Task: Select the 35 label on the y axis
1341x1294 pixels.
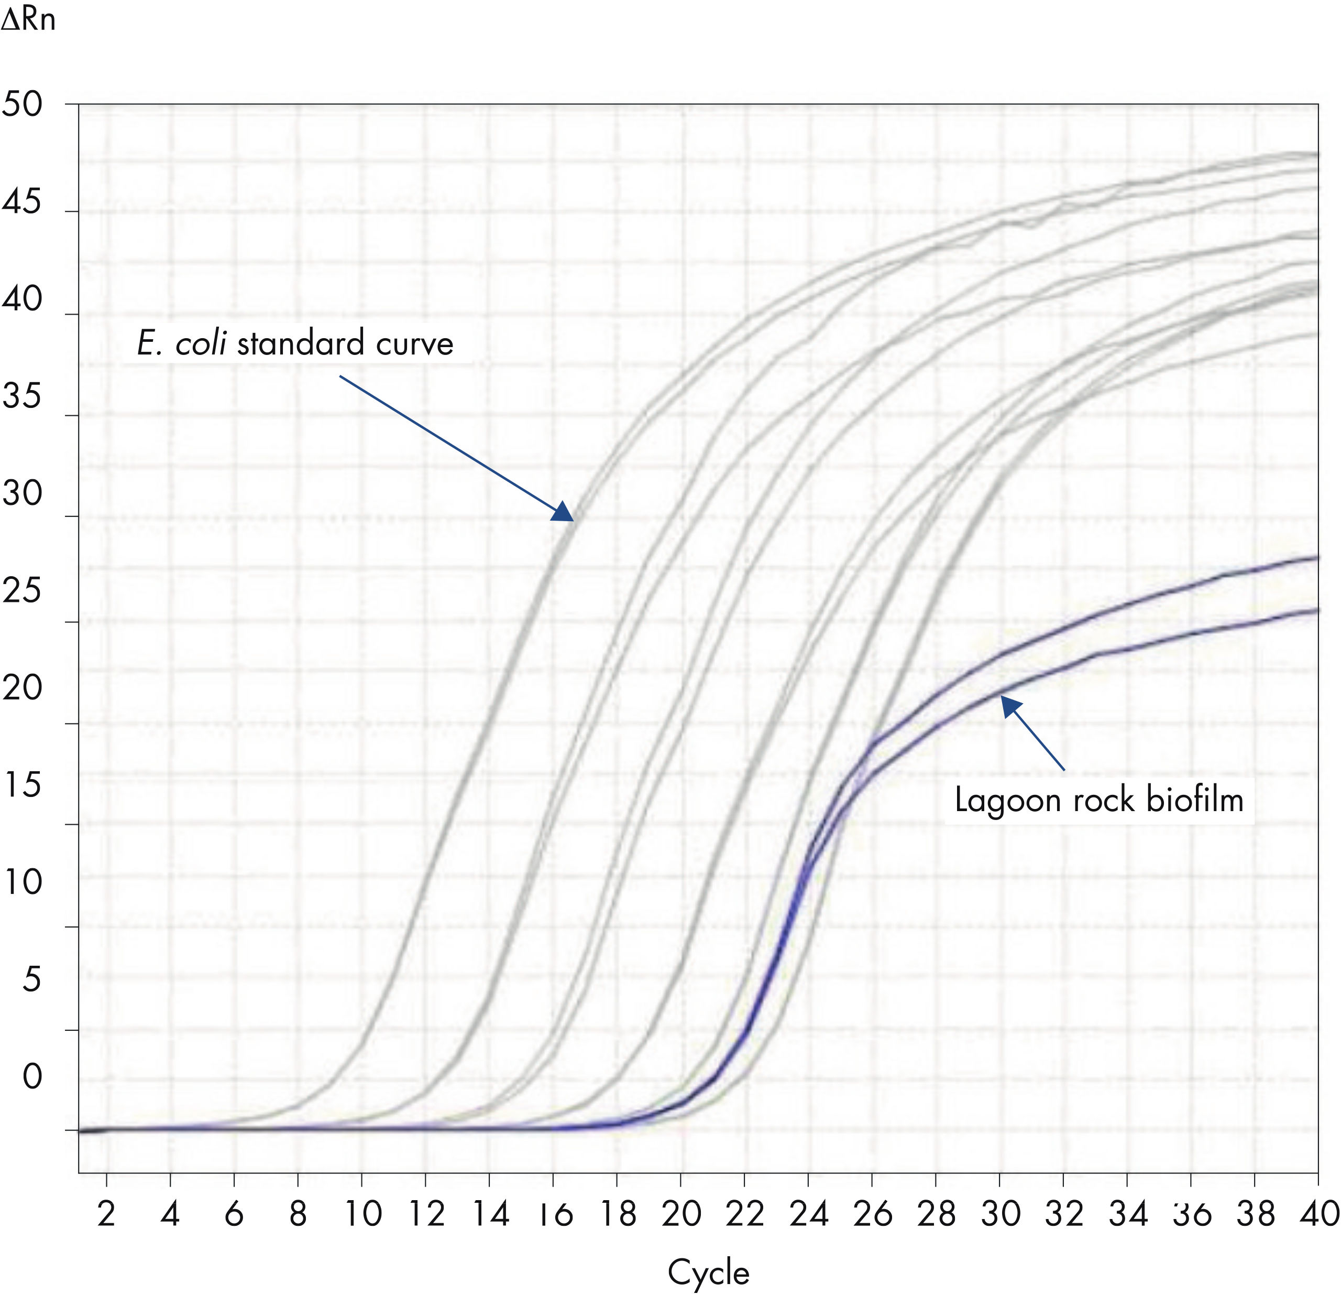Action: pyautogui.click(x=22, y=396)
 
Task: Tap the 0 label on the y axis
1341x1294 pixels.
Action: pyautogui.click(x=32, y=1077)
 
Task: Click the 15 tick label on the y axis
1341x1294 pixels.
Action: pyautogui.click(x=22, y=785)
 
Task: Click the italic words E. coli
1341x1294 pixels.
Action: pyautogui.click(x=181, y=343)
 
